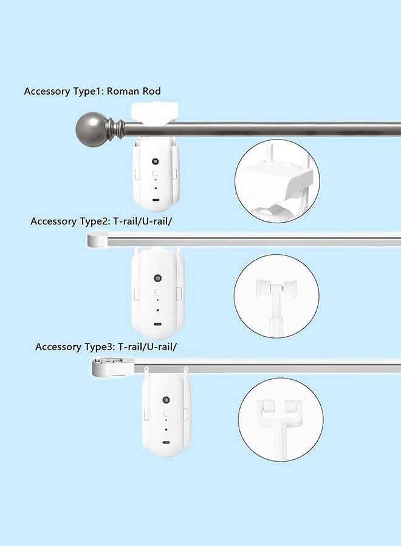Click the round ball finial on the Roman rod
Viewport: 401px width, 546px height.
tap(90, 128)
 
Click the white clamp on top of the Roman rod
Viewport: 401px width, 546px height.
tap(156, 113)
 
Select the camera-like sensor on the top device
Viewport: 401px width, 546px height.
tap(156, 162)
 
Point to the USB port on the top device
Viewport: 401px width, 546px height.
tap(156, 200)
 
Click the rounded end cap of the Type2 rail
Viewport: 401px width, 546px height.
tap(97, 240)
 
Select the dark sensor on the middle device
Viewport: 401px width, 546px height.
tap(157, 278)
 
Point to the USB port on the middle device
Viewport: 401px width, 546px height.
tap(157, 322)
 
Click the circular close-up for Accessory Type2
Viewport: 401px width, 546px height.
tap(276, 295)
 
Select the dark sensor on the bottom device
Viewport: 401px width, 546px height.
tap(166, 400)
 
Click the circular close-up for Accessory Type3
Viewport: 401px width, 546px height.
tap(279, 419)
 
